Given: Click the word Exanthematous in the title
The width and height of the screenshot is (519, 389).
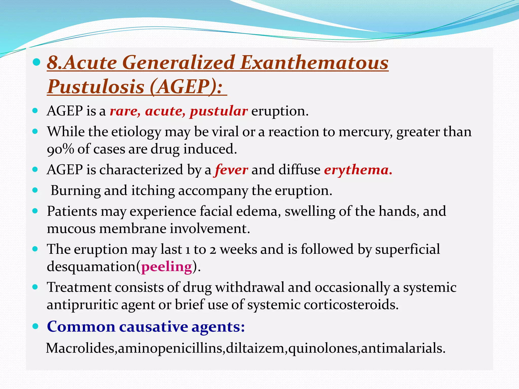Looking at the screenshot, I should (314, 63).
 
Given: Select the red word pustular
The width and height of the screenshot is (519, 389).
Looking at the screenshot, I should (219, 111).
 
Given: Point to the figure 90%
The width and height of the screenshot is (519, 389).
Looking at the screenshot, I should (60, 149).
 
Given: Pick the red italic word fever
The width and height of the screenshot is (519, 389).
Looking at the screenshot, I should (231, 170).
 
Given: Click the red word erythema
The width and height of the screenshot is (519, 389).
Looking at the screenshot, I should (357, 170).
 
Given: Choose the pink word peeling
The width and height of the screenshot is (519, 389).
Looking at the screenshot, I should (166, 267).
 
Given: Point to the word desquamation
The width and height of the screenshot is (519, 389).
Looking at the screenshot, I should (91, 267).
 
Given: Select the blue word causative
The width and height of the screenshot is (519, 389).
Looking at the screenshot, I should (153, 326).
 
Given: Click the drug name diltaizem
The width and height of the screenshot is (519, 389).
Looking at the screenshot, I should (255, 348).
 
